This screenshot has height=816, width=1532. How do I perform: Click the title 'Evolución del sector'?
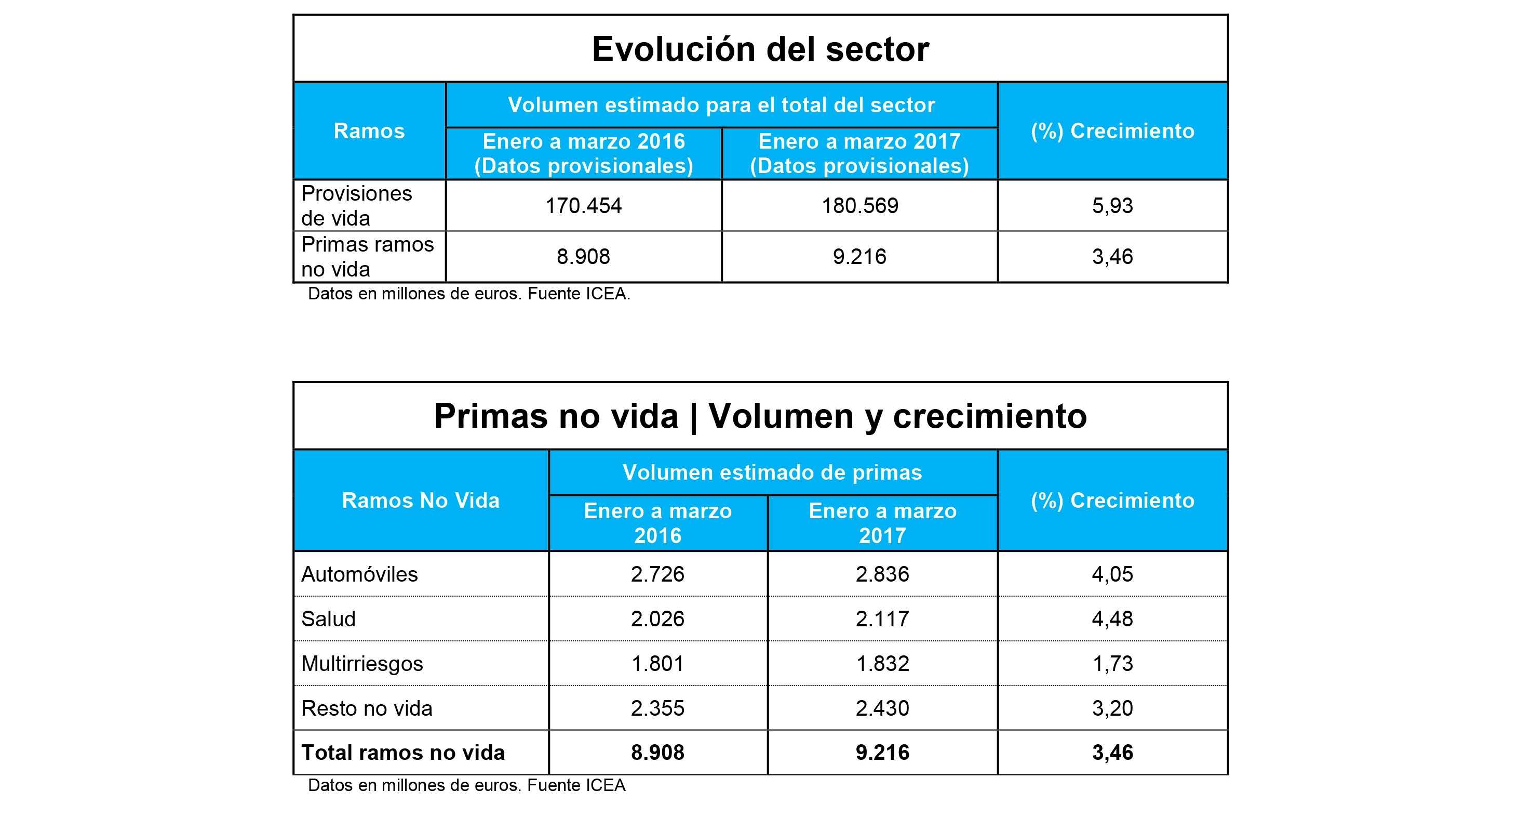click(x=760, y=49)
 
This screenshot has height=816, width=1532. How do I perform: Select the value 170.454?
click(x=583, y=206)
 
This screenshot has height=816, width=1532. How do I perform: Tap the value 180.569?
click(x=859, y=206)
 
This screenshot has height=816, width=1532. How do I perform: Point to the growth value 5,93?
click(x=1112, y=206)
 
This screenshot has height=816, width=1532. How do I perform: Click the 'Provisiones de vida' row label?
click(x=356, y=206)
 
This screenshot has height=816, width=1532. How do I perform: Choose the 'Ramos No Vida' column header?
click(x=421, y=501)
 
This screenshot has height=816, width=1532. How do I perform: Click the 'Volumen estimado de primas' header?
click(x=772, y=472)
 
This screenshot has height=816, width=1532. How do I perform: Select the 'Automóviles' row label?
click(x=359, y=574)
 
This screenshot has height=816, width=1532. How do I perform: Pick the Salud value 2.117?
click(x=882, y=619)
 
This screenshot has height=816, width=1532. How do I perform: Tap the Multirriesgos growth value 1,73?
click(x=1112, y=664)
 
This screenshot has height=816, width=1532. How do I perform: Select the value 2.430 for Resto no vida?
click(x=882, y=708)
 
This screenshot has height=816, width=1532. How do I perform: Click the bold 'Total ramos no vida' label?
click(x=402, y=753)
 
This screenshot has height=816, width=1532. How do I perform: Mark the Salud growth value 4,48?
click(x=1112, y=619)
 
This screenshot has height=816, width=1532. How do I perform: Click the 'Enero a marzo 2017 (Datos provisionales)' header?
click(x=859, y=153)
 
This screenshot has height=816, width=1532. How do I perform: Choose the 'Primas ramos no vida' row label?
click(x=367, y=257)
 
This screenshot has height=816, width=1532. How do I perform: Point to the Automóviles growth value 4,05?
click(x=1112, y=574)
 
